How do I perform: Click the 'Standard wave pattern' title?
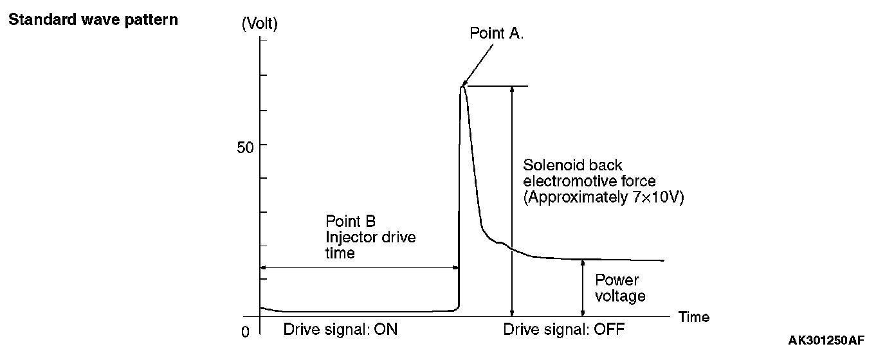pyautogui.click(x=93, y=20)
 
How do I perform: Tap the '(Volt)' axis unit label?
pyautogui.click(x=259, y=24)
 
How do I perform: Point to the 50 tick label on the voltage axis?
pyautogui.click(x=245, y=146)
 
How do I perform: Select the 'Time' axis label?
pyautogui.click(x=694, y=317)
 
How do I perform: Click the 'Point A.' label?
pyautogui.click(x=497, y=33)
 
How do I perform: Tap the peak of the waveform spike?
pyautogui.click(x=462, y=86)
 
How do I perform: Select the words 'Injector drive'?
pyautogui.click(x=370, y=237)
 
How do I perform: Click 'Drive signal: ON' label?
pyautogui.click(x=340, y=330)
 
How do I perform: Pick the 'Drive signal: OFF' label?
pyautogui.click(x=564, y=330)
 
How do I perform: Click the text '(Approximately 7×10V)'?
pyautogui.click(x=603, y=198)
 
